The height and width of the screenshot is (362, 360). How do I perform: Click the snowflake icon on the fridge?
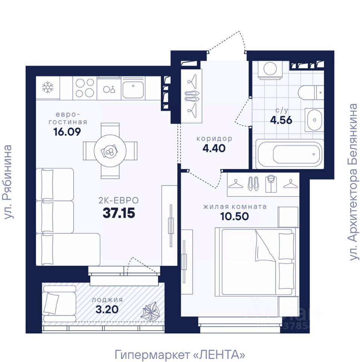48,88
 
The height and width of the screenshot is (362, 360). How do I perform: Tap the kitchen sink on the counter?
133,89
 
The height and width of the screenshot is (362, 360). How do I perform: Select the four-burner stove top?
85,88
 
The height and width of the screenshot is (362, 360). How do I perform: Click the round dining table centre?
110,151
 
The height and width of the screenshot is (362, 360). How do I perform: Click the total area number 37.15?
119,213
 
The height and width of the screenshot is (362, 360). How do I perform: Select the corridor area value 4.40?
214,148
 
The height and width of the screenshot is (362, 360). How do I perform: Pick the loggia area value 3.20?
108,310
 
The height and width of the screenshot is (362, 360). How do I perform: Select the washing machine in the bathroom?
270,69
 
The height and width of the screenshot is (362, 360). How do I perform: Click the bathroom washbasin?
314,119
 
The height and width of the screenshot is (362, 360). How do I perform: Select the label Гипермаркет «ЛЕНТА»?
180,354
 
